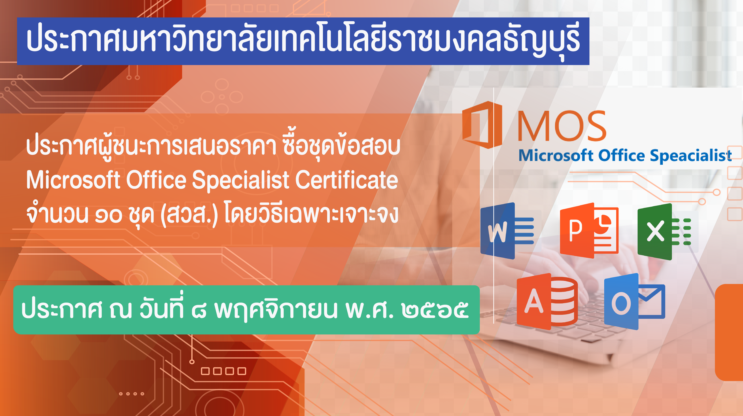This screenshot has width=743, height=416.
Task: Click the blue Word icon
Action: pos(507,231)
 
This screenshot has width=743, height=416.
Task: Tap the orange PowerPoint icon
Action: pos(589,231)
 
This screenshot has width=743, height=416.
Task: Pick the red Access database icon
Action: pos(547,301)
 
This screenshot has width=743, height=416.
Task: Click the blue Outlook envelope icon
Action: pos(634,301)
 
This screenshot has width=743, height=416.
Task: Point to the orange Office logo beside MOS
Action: pos(482,125)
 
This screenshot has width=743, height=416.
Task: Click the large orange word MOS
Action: pos(562,126)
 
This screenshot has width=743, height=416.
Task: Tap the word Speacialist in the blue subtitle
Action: pos(691,156)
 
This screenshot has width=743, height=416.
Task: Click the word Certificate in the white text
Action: pos(346,180)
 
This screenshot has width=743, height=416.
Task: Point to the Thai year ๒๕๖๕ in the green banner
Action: pos(435,310)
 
